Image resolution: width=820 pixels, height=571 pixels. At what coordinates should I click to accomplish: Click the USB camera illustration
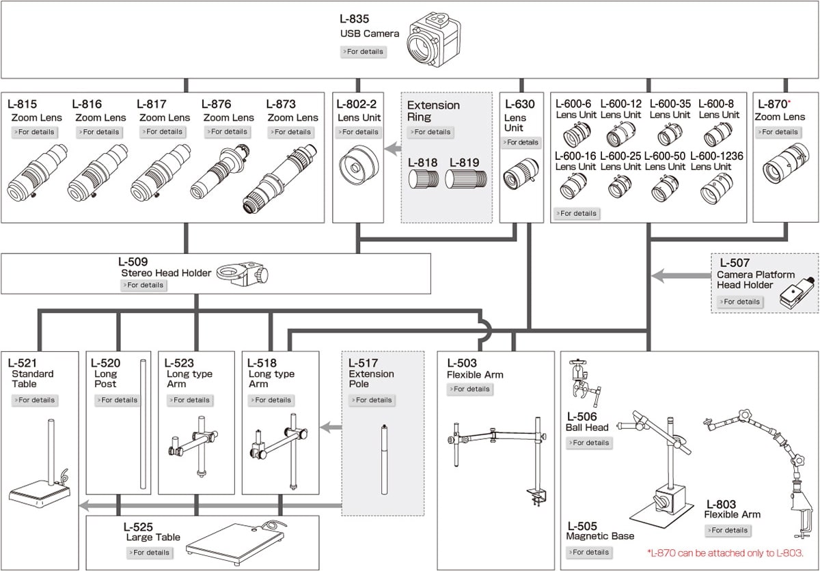click(434, 40)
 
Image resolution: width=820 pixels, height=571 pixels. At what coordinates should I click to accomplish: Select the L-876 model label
click(217, 105)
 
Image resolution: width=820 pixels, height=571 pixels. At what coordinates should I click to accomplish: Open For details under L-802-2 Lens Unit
click(358, 132)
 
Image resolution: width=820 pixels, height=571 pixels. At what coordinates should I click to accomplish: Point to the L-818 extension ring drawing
click(423, 180)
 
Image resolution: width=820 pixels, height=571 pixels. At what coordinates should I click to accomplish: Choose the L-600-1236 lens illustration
click(716, 188)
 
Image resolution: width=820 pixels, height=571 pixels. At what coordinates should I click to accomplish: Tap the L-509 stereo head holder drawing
click(243, 275)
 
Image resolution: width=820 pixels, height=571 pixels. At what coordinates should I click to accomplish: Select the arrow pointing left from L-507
click(679, 276)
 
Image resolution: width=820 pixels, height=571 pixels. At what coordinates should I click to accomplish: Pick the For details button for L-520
click(118, 400)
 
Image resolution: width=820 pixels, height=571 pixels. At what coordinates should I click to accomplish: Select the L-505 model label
click(582, 527)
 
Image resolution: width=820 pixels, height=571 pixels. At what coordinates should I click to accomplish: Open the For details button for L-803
click(727, 530)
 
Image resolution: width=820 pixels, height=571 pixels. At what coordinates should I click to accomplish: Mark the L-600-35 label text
click(670, 104)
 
